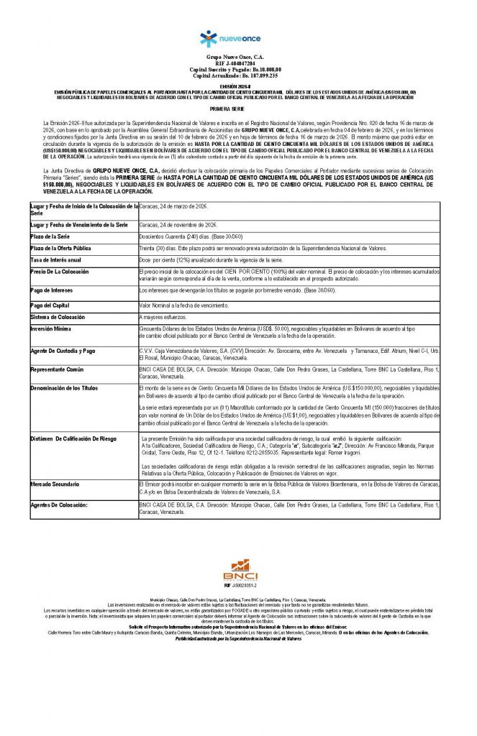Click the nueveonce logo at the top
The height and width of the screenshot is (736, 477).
[238, 37]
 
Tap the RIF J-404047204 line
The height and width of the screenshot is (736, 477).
[238, 64]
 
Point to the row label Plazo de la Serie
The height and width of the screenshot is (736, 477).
[54, 236]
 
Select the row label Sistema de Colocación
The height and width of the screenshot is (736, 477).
[59, 316]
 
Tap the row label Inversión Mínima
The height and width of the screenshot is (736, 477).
[53, 328]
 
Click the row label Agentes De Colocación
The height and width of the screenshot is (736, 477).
[61, 506]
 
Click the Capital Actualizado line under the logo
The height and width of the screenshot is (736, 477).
[238, 75]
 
